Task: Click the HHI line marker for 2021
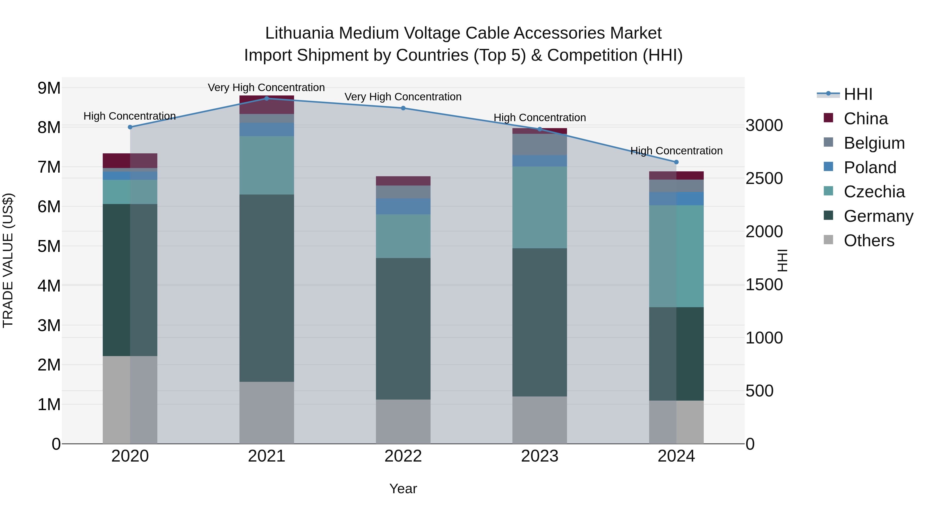267,99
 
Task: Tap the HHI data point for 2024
676,162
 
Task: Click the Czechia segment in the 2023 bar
539,207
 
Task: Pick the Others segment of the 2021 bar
267,412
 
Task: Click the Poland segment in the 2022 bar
403,206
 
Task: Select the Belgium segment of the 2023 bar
539,145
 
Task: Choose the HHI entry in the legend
858,94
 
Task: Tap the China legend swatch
828,118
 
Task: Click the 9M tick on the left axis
49,88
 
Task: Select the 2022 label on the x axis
403,456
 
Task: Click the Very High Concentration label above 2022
403,97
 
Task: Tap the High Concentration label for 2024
676,151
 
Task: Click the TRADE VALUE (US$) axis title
8,260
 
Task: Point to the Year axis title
403,489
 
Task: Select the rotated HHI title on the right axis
782,260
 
